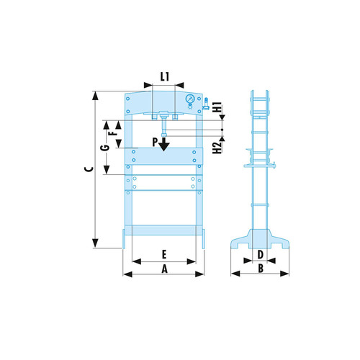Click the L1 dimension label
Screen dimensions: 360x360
coord(165,77)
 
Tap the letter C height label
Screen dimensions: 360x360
coord(89,169)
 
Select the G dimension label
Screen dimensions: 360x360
coord(105,148)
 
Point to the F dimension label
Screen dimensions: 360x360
coord(115,132)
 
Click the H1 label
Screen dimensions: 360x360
coord(218,107)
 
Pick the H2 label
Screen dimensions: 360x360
coord(217,148)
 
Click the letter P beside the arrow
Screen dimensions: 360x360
coord(155,143)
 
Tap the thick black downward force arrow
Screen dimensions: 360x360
coord(164,144)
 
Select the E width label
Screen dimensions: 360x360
coord(164,254)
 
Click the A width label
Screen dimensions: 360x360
coord(164,269)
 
